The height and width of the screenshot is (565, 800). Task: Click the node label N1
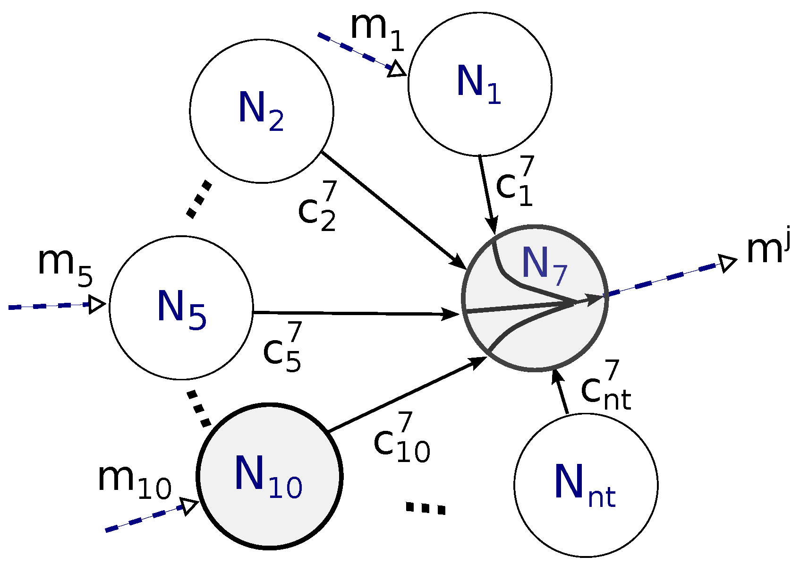point(478,83)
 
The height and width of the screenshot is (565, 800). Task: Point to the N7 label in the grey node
point(544,266)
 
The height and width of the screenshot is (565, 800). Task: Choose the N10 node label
point(268,477)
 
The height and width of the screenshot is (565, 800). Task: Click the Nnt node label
point(585,485)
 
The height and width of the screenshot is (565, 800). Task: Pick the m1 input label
point(377,31)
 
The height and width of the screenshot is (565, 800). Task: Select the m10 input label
point(134,482)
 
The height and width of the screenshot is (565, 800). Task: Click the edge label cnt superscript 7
point(606,386)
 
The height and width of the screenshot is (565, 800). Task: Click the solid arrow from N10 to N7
point(406,394)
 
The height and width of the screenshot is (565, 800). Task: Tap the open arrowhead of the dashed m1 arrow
point(397,69)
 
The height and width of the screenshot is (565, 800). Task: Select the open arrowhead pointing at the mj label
point(727,263)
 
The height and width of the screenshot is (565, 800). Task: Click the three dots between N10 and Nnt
point(425,508)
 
